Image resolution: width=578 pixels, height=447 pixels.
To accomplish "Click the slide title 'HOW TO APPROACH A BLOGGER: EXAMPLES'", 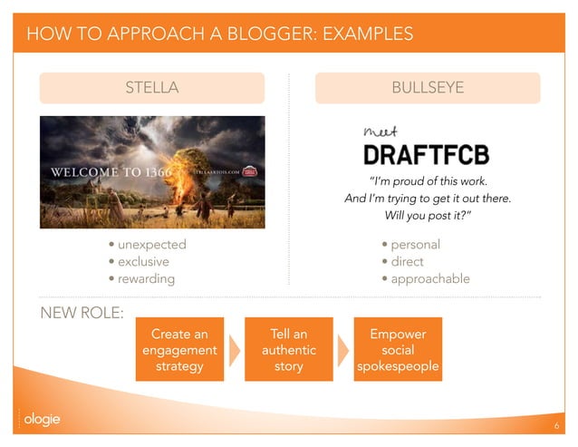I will click(220, 34).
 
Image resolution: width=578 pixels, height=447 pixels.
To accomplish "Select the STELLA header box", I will click(151, 88).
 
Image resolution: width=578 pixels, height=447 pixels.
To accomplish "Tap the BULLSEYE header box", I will click(428, 88).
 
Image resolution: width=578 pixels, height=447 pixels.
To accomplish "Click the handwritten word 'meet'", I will click(375, 133).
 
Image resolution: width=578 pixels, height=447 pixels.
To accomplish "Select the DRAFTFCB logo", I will click(426, 154).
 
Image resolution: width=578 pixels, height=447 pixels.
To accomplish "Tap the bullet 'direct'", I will click(407, 262).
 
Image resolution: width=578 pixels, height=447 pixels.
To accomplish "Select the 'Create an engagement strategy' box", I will click(179, 350).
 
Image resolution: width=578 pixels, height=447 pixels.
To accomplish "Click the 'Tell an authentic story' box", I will click(288, 350).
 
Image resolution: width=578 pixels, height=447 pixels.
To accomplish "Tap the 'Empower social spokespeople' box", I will click(398, 350).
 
